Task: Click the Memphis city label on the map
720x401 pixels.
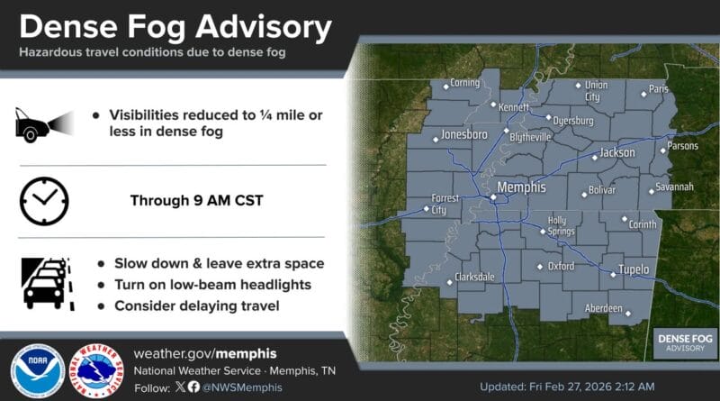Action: pos(522,187)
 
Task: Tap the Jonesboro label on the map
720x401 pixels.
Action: pos(464,134)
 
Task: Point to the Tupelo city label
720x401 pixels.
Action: pos(634,269)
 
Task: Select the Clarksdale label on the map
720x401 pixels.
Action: pos(474,277)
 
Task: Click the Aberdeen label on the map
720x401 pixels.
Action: pos(603,308)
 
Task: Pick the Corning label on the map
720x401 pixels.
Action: pos(464,82)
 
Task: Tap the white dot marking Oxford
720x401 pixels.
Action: pos(540,267)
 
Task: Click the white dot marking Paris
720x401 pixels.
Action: pos(643,95)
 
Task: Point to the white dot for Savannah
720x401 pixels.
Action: pos(652,192)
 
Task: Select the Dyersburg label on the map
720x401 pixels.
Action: pos(573,121)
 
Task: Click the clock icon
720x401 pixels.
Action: pos(44,201)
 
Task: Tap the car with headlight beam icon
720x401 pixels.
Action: pos(44,125)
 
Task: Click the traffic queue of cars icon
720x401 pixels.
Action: pos(48,284)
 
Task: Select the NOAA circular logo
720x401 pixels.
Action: pos(38,370)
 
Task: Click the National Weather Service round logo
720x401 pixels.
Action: pos(96,370)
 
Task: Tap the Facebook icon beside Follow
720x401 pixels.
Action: pos(193,387)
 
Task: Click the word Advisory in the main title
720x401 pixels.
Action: pos(264,28)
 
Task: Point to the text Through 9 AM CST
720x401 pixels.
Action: pos(196,200)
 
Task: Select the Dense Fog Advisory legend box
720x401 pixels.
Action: pos(685,343)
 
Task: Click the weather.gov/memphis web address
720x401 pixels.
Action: pos(205,353)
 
